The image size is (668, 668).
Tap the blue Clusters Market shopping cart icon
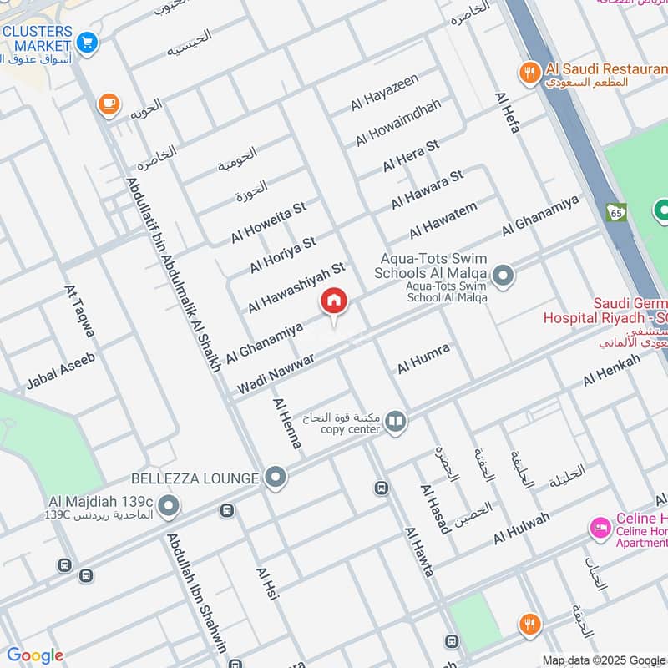tap(87, 40)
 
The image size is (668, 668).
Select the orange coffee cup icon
tap(109, 104)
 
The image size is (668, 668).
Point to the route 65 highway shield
tap(617, 213)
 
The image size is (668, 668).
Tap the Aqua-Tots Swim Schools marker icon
tap(503, 274)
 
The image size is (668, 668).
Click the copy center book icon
tap(397, 423)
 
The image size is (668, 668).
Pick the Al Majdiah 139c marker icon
tap(169, 505)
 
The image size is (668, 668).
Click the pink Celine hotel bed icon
tap(599, 527)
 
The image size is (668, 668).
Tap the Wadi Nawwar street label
tap(276, 373)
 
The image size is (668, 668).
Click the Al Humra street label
tap(423, 357)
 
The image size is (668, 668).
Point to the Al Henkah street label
tap(611, 370)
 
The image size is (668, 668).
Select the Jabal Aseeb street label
tap(61, 372)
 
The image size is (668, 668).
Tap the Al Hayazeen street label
tap(384, 92)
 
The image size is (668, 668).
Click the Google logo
tap(35, 655)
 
